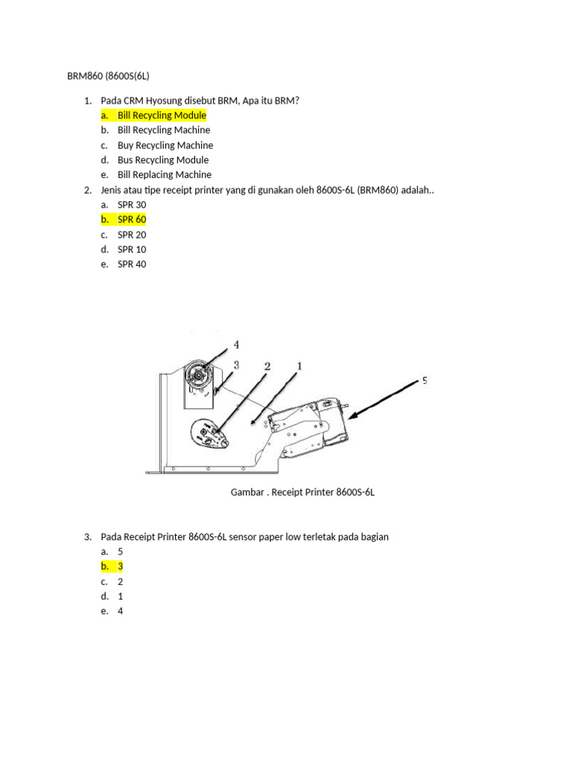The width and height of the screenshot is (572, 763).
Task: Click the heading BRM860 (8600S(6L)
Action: (108, 76)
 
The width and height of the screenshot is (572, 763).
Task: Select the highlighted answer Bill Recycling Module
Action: (162, 115)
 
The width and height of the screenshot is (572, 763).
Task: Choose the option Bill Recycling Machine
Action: (164, 130)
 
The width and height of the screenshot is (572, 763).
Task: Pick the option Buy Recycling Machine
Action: (165, 145)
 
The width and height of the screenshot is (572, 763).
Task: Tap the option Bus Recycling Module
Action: (163, 159)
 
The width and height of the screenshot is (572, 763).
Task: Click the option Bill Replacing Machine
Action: (165, 174)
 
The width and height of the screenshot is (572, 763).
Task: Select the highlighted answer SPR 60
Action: (132, 220)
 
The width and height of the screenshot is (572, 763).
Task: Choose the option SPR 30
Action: (132, 205)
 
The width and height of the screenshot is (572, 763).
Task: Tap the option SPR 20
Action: (132, 235)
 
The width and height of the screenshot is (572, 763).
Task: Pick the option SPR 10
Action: (132, 249)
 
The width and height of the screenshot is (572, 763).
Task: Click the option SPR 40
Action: (132, 265)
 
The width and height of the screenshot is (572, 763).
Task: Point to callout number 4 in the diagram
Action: (236, 344)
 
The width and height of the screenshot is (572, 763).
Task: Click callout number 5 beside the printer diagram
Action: (425, 381)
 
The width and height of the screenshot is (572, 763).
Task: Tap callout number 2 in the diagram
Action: (267, 367)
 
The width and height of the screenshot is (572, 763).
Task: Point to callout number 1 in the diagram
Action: (299, 365)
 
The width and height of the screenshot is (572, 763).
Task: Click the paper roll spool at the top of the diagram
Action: (198, 375)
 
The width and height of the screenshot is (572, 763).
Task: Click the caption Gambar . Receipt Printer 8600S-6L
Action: (302, 492)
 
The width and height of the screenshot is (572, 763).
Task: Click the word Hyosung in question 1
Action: (164, 101)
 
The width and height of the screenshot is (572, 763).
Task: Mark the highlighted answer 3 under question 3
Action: (120, 566)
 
